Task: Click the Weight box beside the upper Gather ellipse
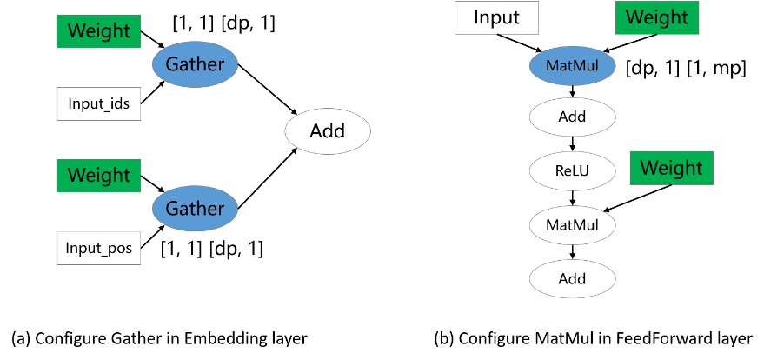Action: tap(98, 31)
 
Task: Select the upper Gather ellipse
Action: tap(195, 64)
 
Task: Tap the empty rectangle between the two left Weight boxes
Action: tap(98, 103)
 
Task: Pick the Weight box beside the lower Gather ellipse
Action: tap(98, 176)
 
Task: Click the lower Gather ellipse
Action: tap(195, 209)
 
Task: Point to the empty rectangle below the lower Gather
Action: tap(98, 248)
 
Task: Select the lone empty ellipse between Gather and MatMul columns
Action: tap(328, 131)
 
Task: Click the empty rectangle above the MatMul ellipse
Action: tap(496, 17)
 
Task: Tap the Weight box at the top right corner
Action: tap(656, 18)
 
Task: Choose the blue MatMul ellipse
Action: tap(572, 66)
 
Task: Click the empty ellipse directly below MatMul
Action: tap(572, 117)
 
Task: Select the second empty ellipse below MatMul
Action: tap(572, 171)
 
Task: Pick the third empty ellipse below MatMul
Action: tap(572, 225)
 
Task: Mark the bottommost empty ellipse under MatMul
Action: tap(572, 279)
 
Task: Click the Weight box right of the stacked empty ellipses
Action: tap(671, 169)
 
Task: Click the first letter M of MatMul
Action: tap(551, 66)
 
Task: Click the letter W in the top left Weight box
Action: tap(76, 31)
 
